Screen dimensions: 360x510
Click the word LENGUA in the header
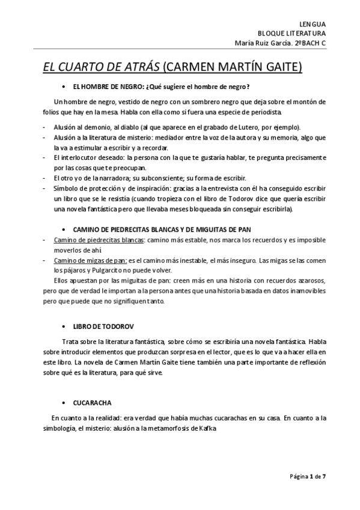tap(313, 22)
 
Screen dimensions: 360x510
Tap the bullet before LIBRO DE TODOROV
tap(64, 326)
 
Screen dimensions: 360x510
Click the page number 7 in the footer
tap(324, 476)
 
